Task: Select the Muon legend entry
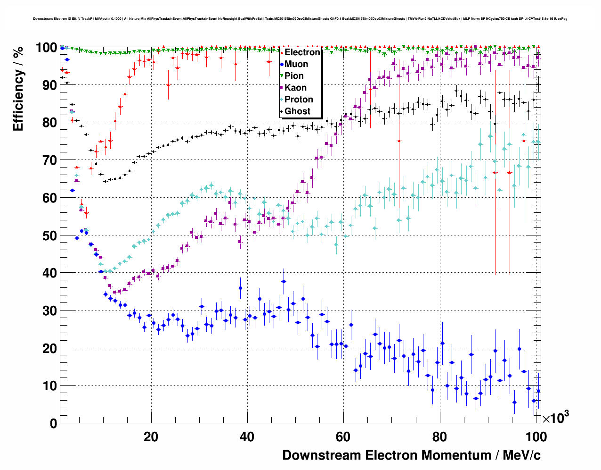296,64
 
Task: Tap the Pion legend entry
294,76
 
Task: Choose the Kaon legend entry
295,88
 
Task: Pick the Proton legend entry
299,100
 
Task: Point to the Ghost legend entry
297,111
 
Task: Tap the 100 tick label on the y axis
47,48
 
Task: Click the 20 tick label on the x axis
151,437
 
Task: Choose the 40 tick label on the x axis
247,437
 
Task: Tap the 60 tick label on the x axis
343,437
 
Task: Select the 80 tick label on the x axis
439,437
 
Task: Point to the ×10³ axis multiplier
556,418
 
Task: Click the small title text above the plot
300,19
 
